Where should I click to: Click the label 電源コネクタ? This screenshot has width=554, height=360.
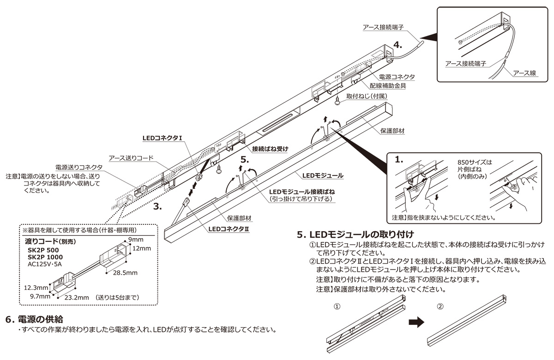coord(396,77)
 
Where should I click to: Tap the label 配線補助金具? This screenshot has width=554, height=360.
coord(387,85)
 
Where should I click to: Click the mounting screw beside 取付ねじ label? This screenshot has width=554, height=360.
coord(338,101)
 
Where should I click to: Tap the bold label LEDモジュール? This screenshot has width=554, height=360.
coord(323,175)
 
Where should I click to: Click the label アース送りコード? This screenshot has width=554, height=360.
coord(131,158)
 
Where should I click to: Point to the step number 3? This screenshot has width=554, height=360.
coord(157,207)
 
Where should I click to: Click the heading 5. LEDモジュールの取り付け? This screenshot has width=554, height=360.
coord(355,234)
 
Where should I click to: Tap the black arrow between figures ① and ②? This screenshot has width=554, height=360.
coord(417,322)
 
